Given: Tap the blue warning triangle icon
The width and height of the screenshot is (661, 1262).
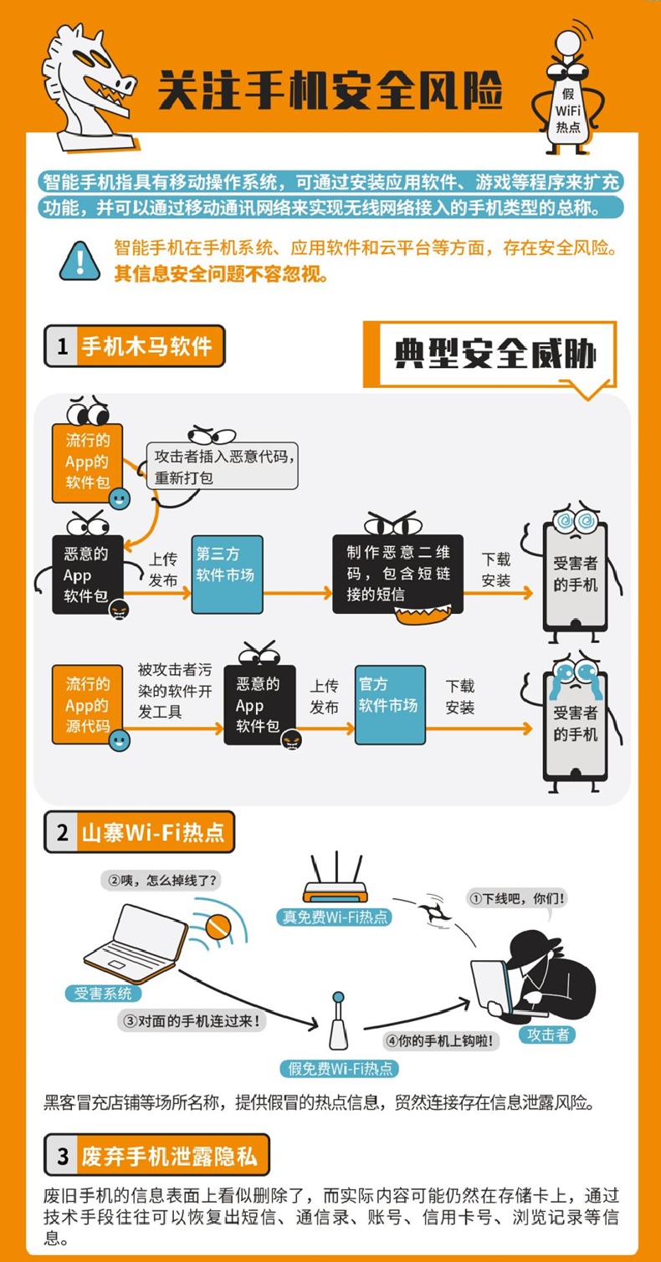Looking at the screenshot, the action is coord(80,261).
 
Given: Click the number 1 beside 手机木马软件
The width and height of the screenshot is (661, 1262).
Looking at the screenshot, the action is coord(62,346).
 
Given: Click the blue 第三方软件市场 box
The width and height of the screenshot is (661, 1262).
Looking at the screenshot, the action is coord(227,575).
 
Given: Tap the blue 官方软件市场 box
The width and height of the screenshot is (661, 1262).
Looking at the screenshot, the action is coord(390,705).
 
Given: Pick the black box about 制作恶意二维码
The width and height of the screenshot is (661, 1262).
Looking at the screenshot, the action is coord(397,574).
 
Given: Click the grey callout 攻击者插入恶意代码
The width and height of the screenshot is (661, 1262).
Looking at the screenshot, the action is coord(222,466).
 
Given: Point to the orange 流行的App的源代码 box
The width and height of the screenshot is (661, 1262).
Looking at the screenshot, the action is coord(87,705).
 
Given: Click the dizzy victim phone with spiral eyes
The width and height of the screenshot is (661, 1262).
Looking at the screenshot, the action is coord(575,574).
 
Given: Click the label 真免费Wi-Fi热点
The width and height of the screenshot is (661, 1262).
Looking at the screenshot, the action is coord(335,917).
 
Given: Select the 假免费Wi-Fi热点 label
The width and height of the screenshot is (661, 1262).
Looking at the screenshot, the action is coord(339,1068).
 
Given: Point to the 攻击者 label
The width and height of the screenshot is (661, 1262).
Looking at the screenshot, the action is coord(548,1035).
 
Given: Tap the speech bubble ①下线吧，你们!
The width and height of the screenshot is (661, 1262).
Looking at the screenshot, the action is coord(517,897).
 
